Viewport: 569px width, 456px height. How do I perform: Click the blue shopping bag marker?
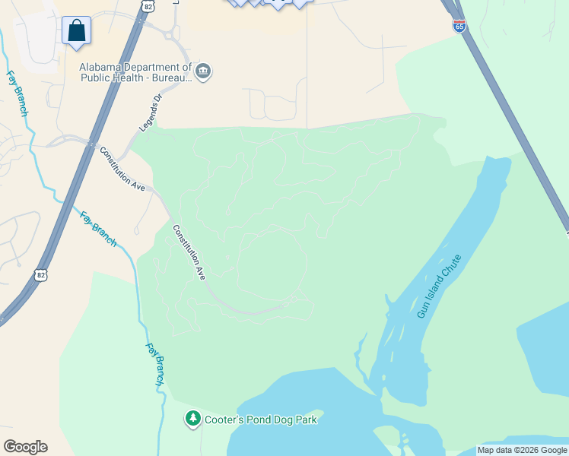coord(76,30)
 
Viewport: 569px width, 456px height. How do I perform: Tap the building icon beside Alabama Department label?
coord(203,72)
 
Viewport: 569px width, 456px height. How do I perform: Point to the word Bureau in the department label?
coord(174,77)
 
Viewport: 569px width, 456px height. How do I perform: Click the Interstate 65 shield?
coord(459,27)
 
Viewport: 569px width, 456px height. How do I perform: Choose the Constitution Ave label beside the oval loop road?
coord(189,252)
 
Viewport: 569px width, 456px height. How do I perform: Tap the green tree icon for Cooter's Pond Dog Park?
coord(193,419)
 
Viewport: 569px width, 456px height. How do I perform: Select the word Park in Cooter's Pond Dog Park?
coord(306,419)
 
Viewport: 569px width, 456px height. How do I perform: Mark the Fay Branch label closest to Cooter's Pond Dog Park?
coord(154,366)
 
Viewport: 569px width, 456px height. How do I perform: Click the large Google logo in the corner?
coord(25,447)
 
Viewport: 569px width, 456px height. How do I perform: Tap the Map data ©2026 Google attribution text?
coord(522,450)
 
